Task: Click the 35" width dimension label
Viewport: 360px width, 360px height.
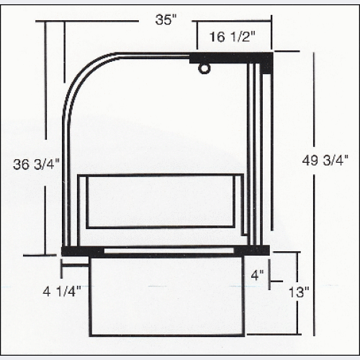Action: coord(166,20)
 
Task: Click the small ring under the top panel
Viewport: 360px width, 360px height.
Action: coord(204,69)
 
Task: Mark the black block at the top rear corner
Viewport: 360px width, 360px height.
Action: coord(266,62)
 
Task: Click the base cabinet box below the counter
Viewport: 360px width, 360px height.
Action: coord(167,295)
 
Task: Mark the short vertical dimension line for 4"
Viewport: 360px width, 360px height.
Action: coord(270,274)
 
